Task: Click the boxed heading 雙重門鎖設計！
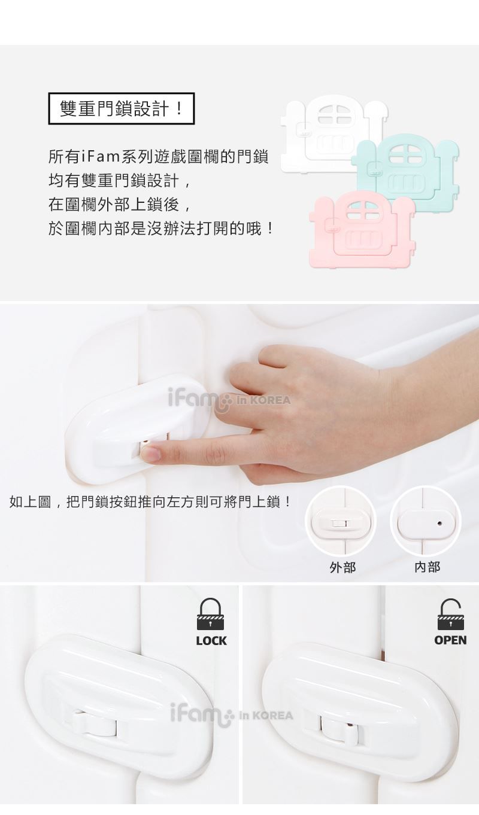click(x=122, y=108)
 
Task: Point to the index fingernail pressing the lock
click(x=150, y=454)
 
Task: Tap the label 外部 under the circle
click(x=342, y=567)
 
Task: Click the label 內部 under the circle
click(x=427, y=567)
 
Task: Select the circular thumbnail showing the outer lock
click(x=341, y=521)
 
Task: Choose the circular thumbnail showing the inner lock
click(x=426, y=521)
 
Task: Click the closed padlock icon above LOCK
click(x=210, y=615)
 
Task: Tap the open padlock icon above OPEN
click(x=450, y=615)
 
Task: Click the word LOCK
click(x=211, y=641)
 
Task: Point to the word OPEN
click(x=450, y=640)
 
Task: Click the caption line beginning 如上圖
click(x=150, y=502)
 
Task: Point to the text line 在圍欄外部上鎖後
click(x=120, y=205)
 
